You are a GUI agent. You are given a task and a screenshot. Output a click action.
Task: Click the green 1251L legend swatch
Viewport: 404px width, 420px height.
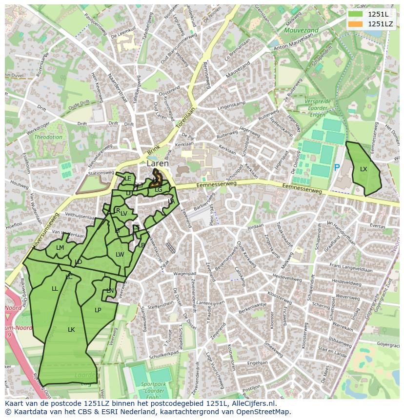coord(355,14)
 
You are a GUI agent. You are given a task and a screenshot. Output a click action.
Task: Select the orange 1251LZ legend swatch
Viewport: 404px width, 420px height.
coord(355,24)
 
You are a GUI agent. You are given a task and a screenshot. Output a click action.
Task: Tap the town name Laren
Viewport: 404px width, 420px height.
coord(157,164)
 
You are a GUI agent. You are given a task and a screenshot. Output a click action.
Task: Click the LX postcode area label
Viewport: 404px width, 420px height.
coord(364,169)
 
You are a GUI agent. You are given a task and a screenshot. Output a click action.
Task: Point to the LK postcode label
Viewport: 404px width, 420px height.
coord(71,330)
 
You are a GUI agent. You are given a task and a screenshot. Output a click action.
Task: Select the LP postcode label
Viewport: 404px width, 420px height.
coord(98,310)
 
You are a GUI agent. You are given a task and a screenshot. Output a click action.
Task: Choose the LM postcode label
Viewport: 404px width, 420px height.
coord(60,248)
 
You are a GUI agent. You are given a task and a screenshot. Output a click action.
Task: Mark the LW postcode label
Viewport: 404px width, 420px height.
coord(120,254)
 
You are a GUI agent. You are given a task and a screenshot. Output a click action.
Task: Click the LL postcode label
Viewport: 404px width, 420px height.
coord(55,289)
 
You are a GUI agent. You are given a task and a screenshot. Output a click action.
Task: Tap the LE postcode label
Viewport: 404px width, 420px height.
coord(127,179)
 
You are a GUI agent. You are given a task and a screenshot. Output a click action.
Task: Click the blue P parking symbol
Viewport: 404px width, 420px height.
coord(337,168)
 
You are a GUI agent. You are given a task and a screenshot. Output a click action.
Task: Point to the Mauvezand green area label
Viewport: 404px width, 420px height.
coord(301,30)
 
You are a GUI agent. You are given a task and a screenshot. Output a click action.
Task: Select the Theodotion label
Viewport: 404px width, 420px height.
coord(48,137)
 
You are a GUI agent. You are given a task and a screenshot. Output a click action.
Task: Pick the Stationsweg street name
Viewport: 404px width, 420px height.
coord(101,173)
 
